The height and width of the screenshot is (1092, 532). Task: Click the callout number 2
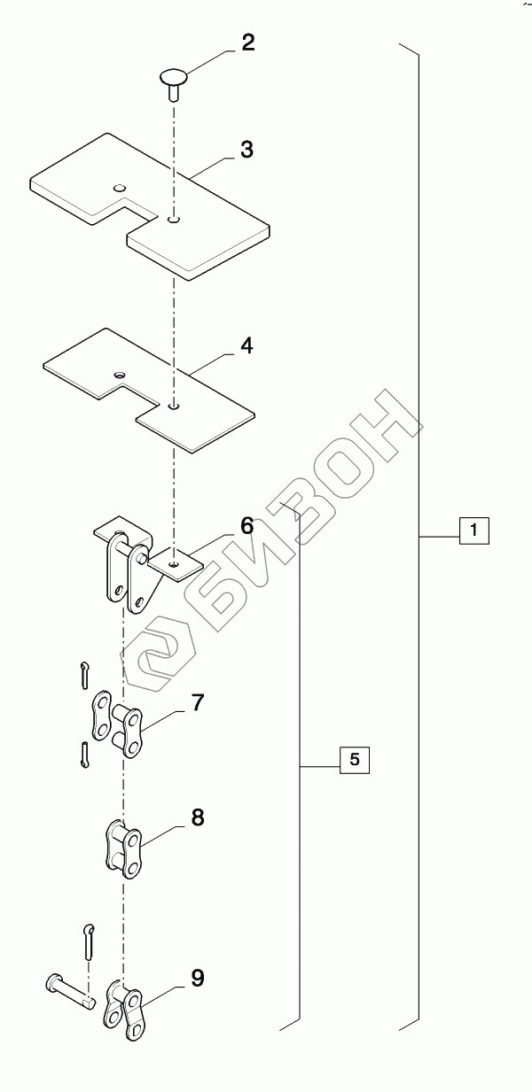tap(248, 43)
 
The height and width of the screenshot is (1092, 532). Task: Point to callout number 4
tap(246, 345)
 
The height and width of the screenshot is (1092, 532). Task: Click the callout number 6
tap(246, 525)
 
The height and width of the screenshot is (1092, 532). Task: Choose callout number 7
tap(197, 704)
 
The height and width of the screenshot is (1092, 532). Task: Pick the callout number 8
tap(197, 817)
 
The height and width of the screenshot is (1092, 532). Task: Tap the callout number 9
tap(197, 978)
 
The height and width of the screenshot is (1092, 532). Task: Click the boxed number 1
tap(474, 532)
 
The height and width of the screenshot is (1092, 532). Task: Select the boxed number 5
tap(354, 759)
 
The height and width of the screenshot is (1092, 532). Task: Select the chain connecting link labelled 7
tap(118, 724)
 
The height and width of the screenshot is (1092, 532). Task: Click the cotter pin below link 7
tap(84, 754)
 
